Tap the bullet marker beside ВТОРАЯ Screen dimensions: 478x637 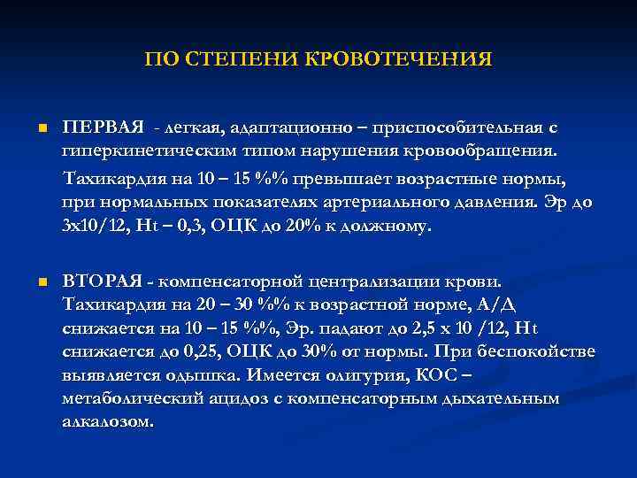(x=41, y=282)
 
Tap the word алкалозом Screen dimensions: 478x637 (x=107, y=421)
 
